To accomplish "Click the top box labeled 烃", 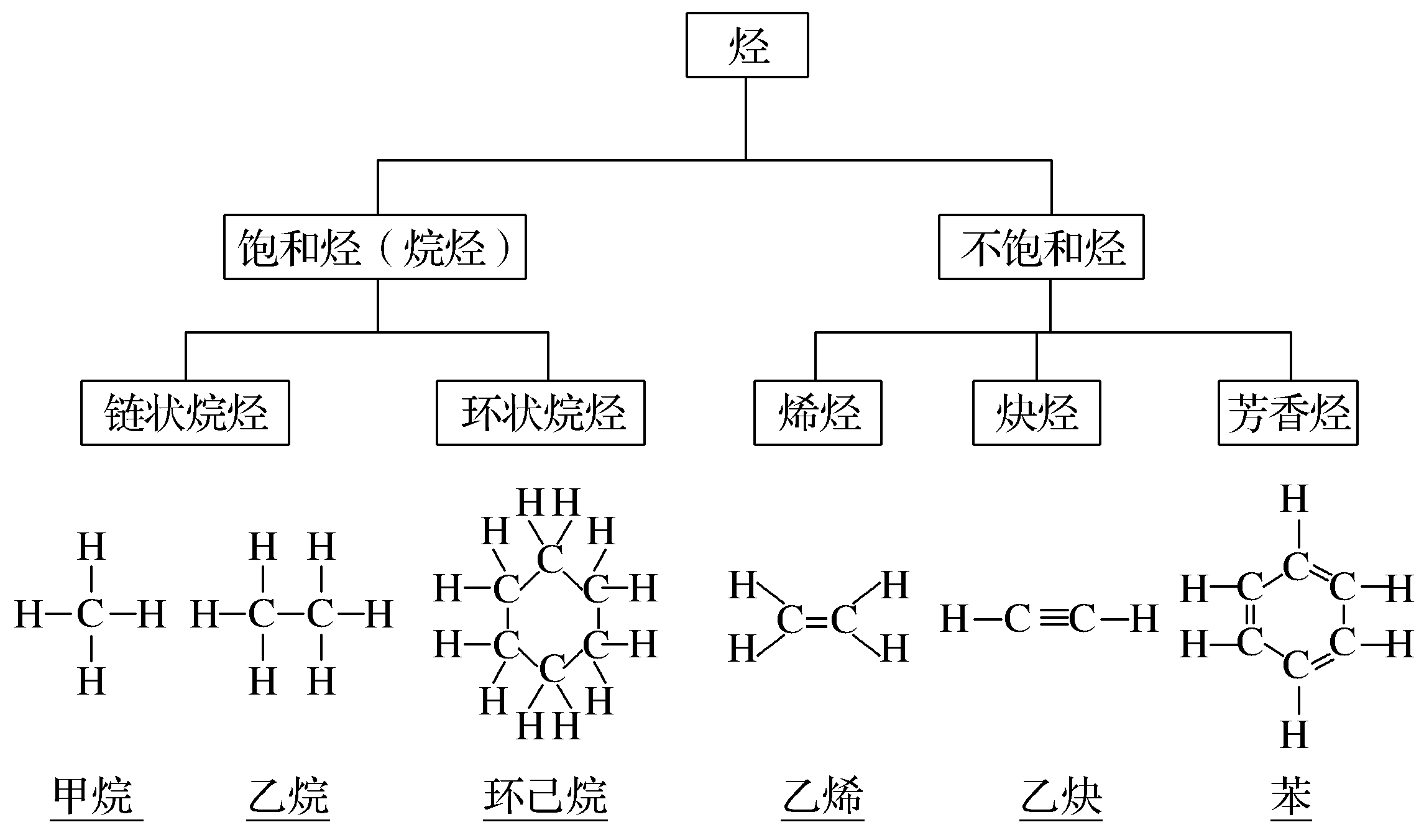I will pos(747,45).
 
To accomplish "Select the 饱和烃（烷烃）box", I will pos(375,247).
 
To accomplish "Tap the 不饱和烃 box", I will pos(1041,247).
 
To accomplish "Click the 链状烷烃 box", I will pos(185,413).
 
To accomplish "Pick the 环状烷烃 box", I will pos(541,413).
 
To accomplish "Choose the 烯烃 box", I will pos(818,413).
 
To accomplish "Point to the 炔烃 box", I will pos(1037,413).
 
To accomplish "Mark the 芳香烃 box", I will pos(1288,413).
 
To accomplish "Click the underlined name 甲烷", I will pos(93,796).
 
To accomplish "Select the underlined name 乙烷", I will pos(288,796).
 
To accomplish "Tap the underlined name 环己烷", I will pos(545,796).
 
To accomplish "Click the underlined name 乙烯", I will pos(822,796).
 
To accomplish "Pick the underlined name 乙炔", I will pos(1062,796).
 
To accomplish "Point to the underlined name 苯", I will pos(1291,796).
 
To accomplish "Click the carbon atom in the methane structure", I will pos(91,614).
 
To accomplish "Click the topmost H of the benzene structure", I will pos(1295,499).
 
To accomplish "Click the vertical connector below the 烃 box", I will pos(746,118).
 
